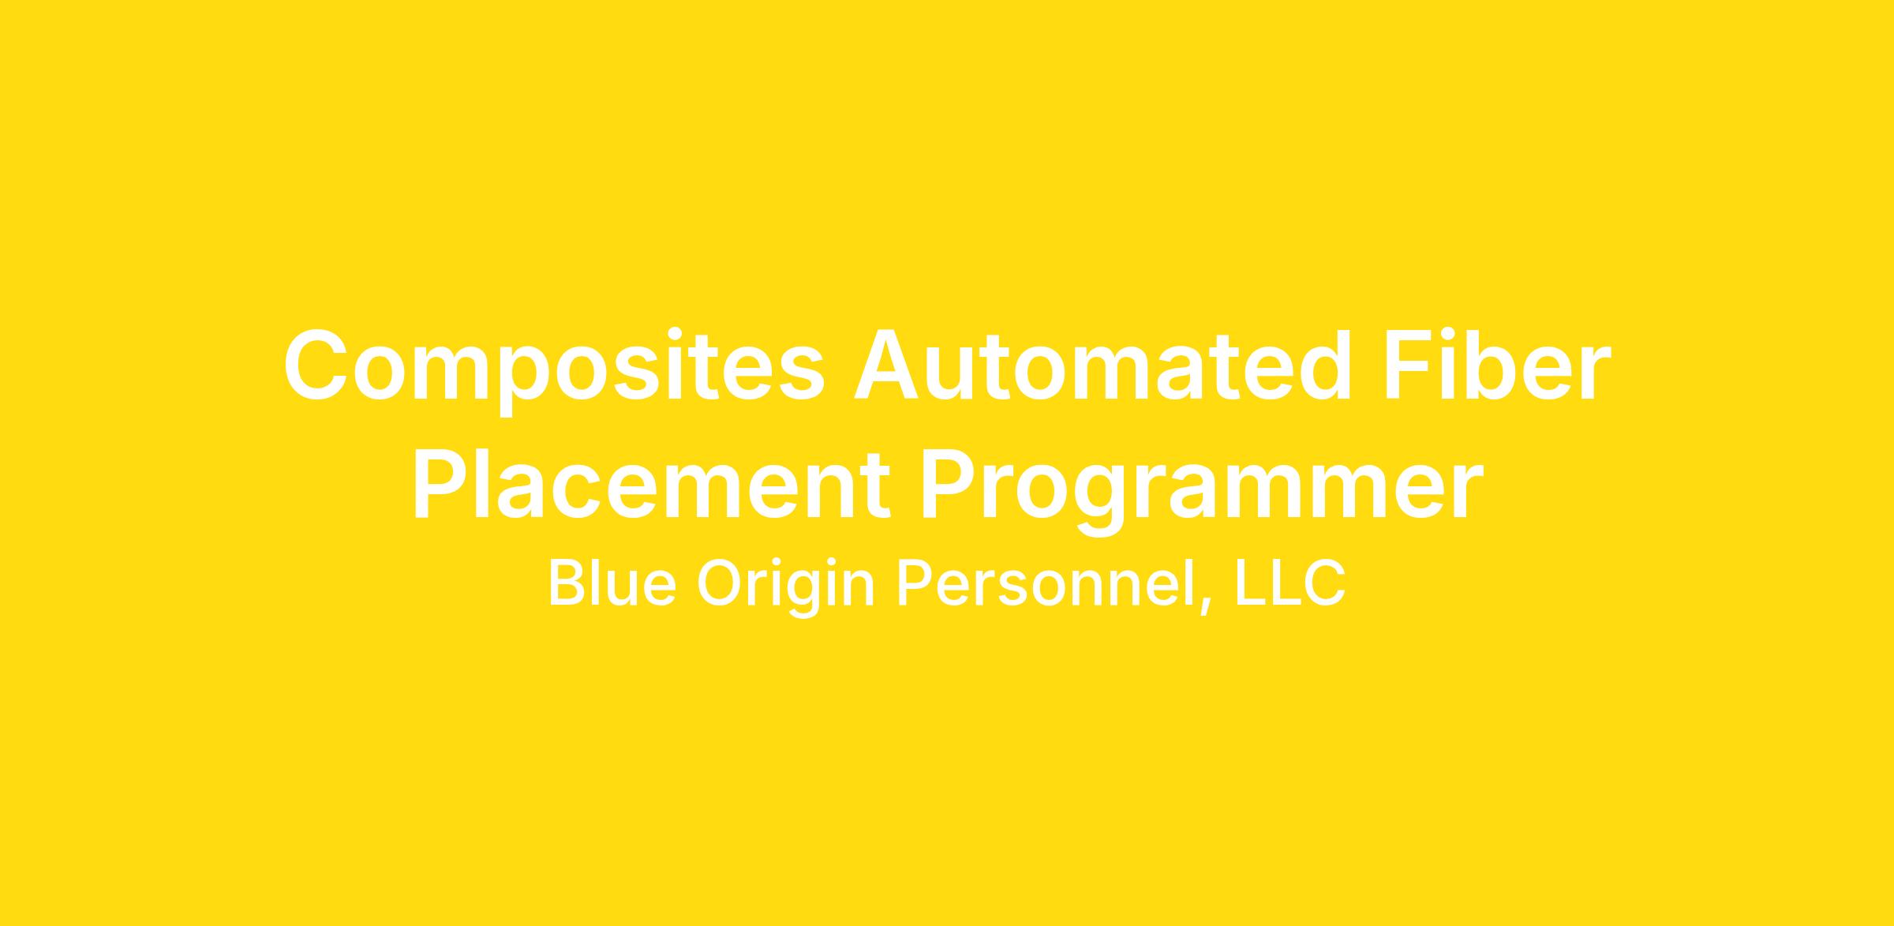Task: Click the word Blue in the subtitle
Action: point(612,583)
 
